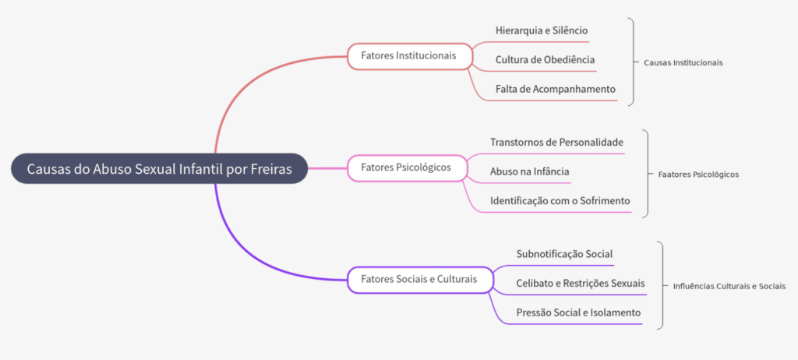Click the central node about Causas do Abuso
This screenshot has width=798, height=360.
(x=159, y=168)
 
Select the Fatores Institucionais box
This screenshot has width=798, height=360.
(x=410, y=55)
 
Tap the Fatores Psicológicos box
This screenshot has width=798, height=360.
(x=407, y=168)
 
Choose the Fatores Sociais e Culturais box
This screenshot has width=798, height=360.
(x=420, y=280)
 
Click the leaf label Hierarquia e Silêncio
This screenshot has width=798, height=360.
(x=542, y=30)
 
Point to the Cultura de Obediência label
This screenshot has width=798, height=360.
(x=545, y=59)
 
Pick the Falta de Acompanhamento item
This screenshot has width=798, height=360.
(x=555, y=89)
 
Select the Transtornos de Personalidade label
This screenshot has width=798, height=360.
(x=556, y=142)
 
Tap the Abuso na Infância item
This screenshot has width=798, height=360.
(x=529, y=171)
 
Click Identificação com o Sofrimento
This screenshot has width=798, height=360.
(x=560, y=201)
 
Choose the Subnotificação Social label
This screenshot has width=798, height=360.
(x=564, y=253)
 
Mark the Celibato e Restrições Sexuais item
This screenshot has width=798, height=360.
(x=581, y=283)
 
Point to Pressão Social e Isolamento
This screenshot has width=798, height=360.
(x=578, y=312)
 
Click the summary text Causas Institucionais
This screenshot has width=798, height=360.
(x=683, y=62)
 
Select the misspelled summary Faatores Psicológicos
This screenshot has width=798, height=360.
(x=698, y=174)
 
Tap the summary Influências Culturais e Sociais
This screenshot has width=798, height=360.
(x=729, y=286)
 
